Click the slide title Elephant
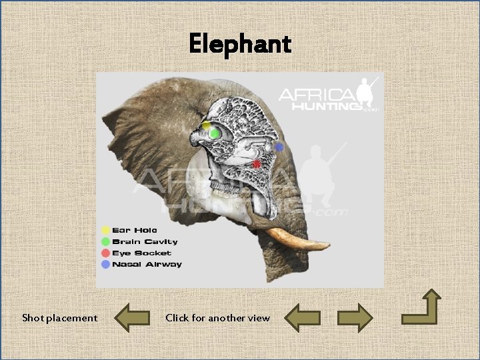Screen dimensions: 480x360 (240, 44)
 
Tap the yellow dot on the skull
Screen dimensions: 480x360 (207, 126)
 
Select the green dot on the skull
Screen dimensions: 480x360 (215, 133)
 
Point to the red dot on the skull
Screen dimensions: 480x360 (257, 163)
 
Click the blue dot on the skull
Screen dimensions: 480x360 (279, 147)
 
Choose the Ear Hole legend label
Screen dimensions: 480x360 (135, 230)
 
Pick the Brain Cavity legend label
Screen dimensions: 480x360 (145, 241)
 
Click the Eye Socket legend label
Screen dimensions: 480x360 (141, 253)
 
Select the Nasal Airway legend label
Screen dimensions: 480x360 (147, 264)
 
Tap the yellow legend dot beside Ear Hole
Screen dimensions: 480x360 (105, 230)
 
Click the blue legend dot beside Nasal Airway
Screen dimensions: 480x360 (105, 264)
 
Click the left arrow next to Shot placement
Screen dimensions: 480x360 (131, 318)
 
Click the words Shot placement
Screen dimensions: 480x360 (59, 318)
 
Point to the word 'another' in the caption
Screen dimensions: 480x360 (227, 318)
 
